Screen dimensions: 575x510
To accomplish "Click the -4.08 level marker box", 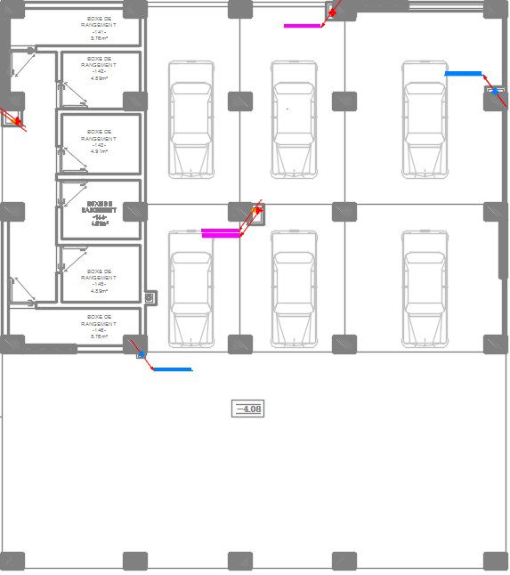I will tap(247, 409).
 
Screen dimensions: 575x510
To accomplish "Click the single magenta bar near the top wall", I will tap(303, 26).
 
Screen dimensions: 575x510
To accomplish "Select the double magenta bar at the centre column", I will tap(221, 233).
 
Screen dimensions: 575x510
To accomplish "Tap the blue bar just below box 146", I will tap(172, 369).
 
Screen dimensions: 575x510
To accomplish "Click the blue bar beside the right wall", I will tap(463, 74).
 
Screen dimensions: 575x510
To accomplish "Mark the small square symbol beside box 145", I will tap(150, 298).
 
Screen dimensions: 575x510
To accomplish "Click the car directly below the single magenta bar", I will tap(294, 117).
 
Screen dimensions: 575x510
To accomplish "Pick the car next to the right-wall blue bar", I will tap(424, 117).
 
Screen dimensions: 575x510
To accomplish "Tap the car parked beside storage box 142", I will tap(190, 117).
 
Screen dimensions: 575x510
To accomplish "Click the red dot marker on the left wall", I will tap(16, 120).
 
